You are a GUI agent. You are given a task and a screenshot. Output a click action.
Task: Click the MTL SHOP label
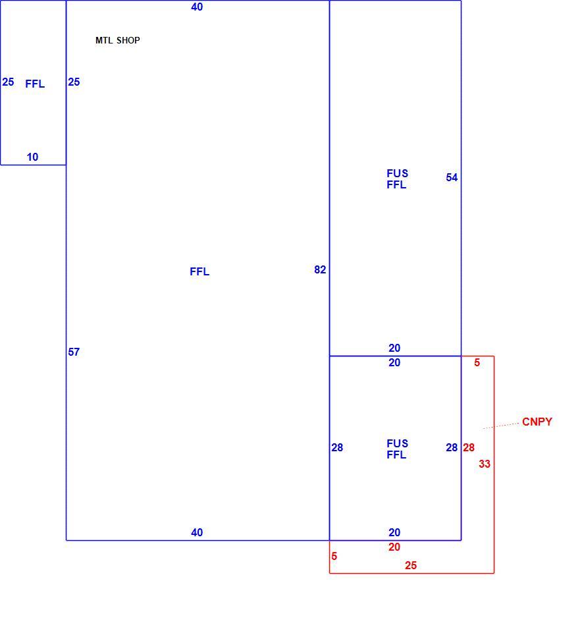tap(118, 40)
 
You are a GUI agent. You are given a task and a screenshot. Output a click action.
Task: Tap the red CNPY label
tap(537, 422)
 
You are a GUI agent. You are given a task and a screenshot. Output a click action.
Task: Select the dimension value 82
tap(320, 270)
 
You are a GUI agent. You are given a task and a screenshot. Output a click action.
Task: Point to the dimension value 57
tap(74, 352)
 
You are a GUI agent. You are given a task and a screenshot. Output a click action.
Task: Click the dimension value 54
tap(452, 178)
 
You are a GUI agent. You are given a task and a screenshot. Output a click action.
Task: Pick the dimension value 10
tap(32, 157)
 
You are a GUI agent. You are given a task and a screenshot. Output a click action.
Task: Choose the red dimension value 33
tap(485, 464)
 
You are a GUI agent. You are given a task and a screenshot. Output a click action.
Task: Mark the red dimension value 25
tap(411, 566)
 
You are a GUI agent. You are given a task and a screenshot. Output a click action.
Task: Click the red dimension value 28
tap(469, 448)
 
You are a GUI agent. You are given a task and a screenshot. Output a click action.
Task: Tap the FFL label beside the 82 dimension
tap(199, 272)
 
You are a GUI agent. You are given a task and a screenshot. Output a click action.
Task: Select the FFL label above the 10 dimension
tap(35, 84)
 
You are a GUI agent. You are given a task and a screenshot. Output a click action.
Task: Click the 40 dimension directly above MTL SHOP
tap(197, 7)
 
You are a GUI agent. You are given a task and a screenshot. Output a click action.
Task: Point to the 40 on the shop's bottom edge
tap(197, 533)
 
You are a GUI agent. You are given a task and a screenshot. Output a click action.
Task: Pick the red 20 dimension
tap(394, 547)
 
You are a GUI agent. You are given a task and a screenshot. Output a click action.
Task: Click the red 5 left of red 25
tap(334, 556)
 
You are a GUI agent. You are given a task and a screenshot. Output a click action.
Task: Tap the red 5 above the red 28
tap(477, 363)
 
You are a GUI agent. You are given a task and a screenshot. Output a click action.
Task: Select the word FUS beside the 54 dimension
tap(398, 174)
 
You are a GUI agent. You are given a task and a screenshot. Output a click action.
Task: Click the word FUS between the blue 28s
tap(398, 443)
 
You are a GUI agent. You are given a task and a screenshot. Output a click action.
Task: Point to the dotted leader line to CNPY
tap(501, 426)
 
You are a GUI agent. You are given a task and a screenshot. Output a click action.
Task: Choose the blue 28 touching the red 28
tap(452, 448)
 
